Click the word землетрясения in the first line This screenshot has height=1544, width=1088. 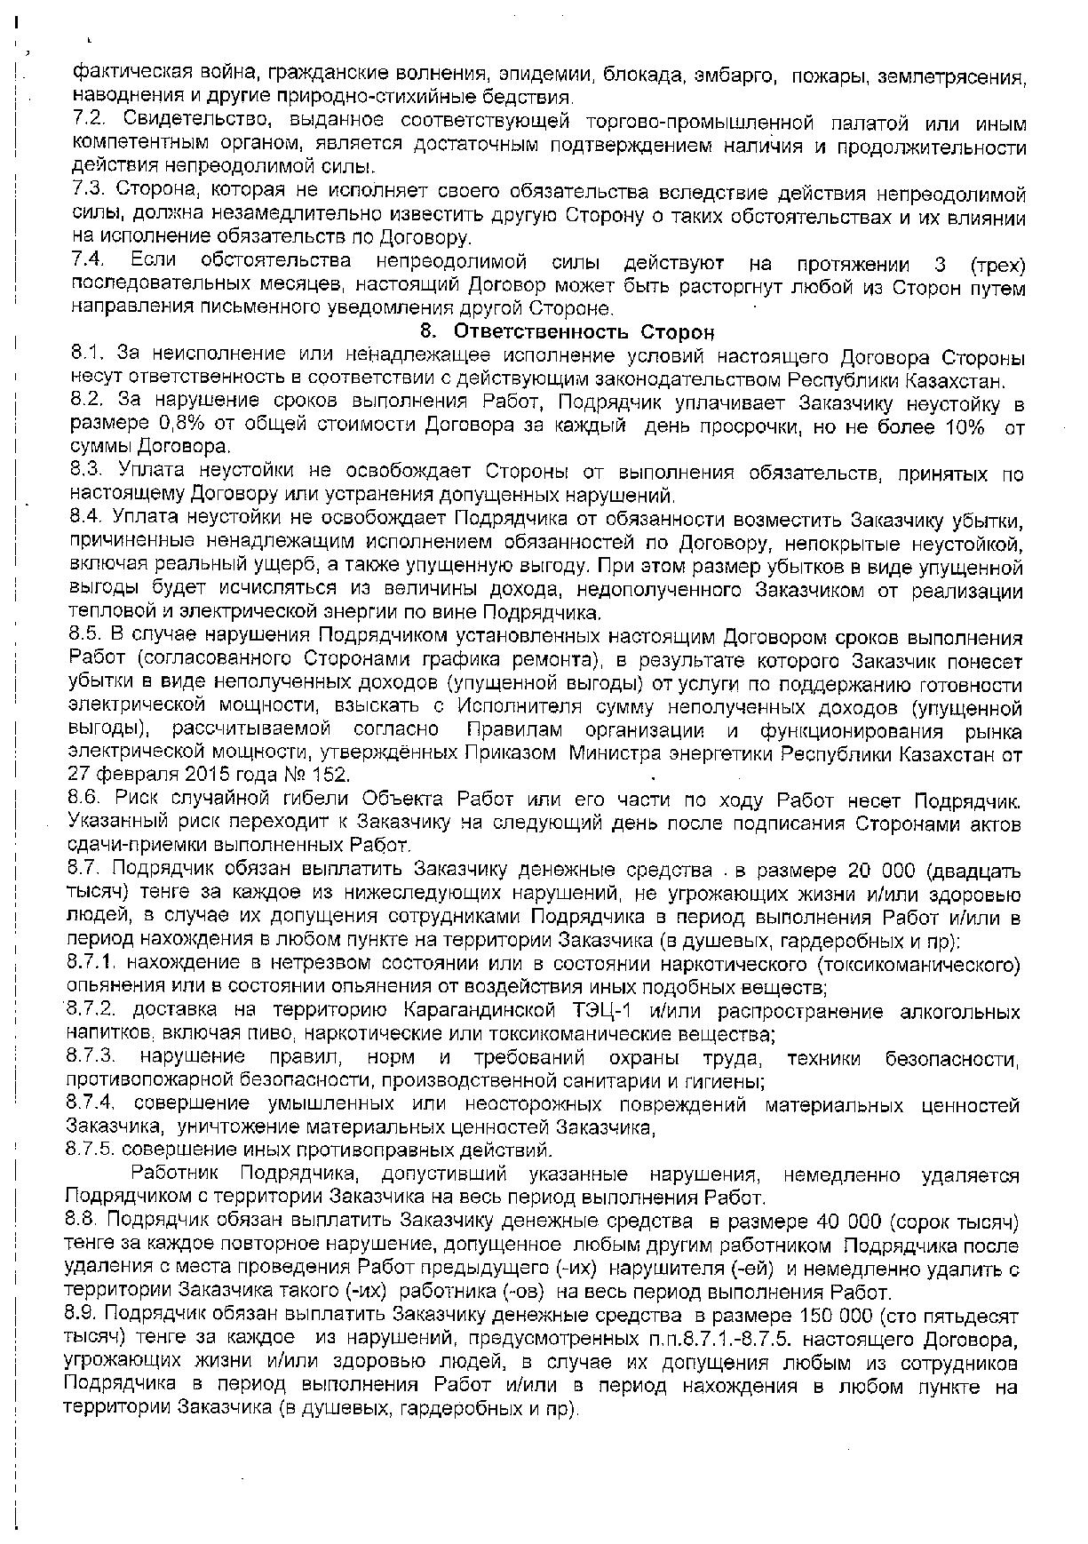coord(951,76)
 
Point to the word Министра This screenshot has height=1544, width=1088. coord(618,755)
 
